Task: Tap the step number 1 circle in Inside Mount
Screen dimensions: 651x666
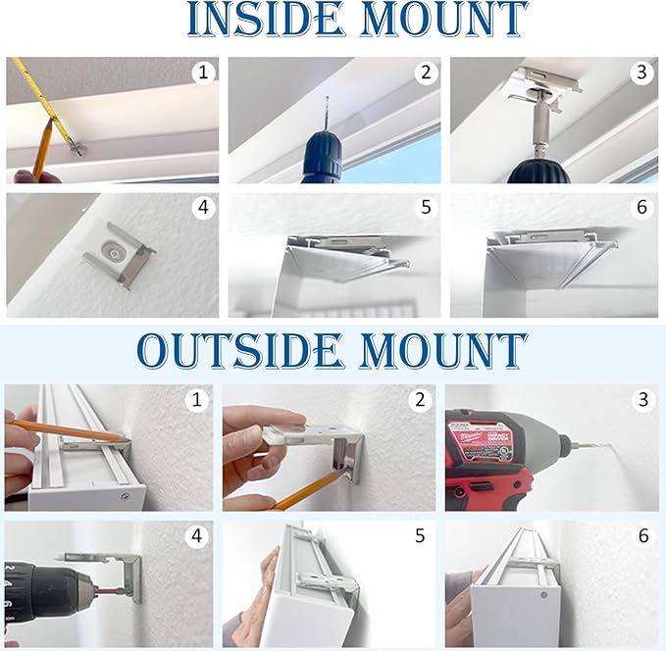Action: tap(203, 73)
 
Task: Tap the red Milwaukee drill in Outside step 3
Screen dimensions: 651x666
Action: tap(481, 456)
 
